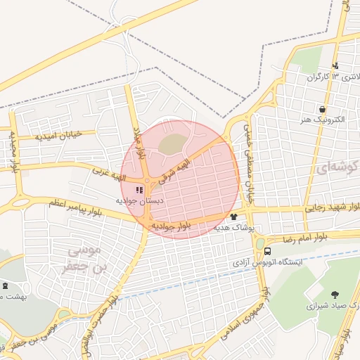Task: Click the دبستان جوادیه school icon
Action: pyautogui.click(x=138, y=190)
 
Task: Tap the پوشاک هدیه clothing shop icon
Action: pyautogui.click(x=233, y=217)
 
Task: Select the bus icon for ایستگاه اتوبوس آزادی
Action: pyautogui.click(x=268, y=252)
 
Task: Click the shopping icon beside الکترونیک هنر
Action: pyautogui.click(x=322, y=109)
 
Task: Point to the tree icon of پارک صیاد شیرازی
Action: pyautogui.click(x=334, y=295)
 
